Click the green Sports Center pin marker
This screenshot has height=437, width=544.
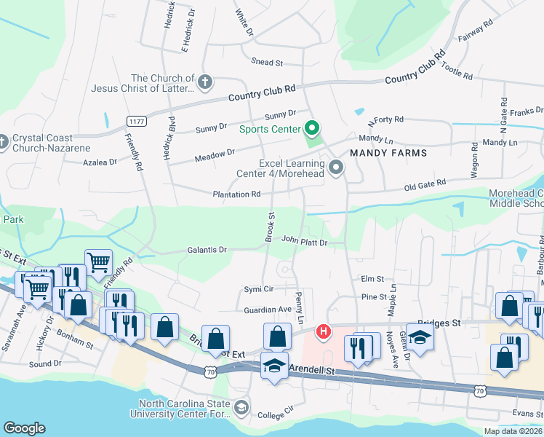pos(313,128)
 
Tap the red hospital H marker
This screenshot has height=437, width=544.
pos(323,333)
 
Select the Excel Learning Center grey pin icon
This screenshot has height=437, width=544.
pos(336,168)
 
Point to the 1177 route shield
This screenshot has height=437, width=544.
pos(136,121)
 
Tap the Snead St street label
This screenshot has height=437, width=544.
pos(266,63)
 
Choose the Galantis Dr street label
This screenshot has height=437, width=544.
pos(207,249)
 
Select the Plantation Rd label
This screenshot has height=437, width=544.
pos(236,194)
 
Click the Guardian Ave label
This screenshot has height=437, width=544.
pos(268,310)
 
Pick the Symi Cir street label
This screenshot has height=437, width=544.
pos(258,288)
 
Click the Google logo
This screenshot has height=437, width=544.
pos(24,428)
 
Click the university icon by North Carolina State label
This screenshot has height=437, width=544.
pos(241,406)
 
